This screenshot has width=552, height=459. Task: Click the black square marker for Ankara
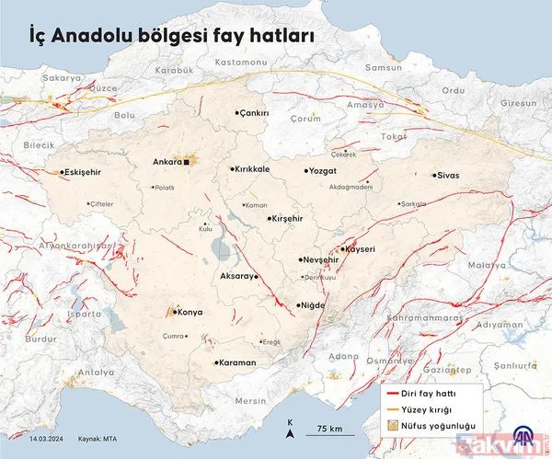187,163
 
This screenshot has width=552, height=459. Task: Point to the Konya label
189,312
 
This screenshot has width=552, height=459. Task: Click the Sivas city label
448,175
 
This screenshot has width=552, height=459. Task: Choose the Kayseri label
361,249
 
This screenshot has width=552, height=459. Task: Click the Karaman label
237,362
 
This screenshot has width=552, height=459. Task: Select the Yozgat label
328,171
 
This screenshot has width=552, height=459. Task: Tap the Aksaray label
236,276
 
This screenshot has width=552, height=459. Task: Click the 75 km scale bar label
329,429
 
